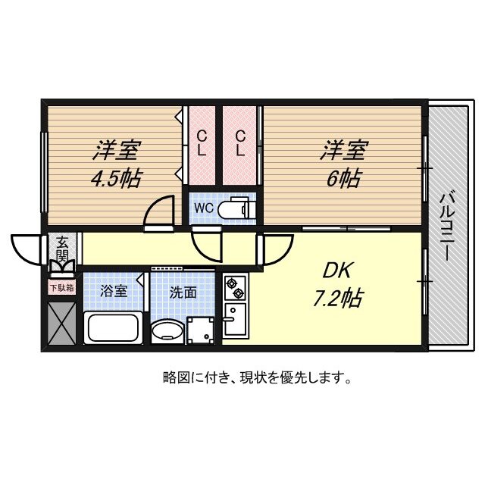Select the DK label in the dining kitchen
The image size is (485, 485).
pyautogui.click(x=338, y=270)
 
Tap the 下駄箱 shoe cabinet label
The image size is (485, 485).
pyautogui.click(x=62, y=287)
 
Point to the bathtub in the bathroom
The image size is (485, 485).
pyautogui.click(x=114, y=328)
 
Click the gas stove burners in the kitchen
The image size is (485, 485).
pyautogui.click(x=234, y=288)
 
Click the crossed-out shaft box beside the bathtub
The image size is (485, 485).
pyautogui.click(x=61, y=324)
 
